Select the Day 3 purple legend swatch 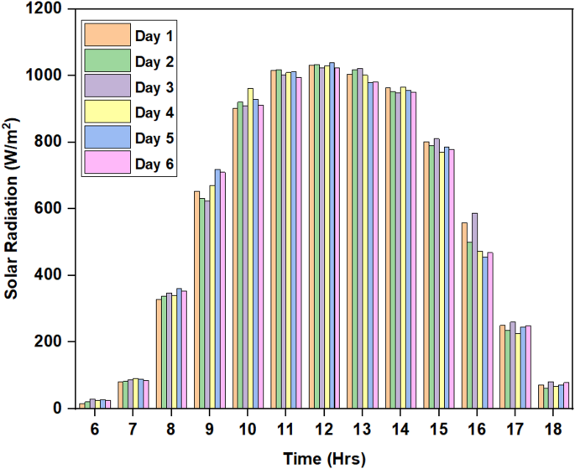pyautogui.click(x=107, y=86)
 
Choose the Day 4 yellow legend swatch pyautogui.click(x=107, y=111)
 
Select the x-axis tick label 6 pyautogui.click(x=94, y=428)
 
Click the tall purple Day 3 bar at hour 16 pyautogui.click(x=475, y=310)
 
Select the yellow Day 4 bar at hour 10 pyautogui.click(x=250, y=248)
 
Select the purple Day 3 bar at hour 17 pyautogui.click(x=513, y=365)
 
